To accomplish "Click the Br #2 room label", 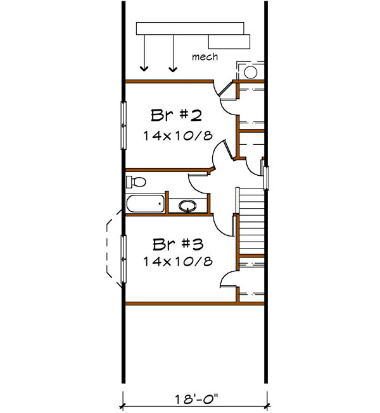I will [x=176, y=116].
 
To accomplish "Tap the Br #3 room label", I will [x=177, y=243].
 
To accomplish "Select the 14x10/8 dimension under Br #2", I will [x=177, y=135].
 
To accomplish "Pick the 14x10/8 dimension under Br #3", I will [x=177, y=260].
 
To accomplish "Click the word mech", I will [x=205, y=57].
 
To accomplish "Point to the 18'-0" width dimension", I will [x=194, y=399].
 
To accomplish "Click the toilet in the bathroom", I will [x=136, y=183].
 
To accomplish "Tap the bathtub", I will [x=145, y=204].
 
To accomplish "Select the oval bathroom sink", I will [x=187, y=205].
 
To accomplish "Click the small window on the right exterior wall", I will [x=267, y=177].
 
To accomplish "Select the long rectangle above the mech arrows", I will [x=190, y=29].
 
